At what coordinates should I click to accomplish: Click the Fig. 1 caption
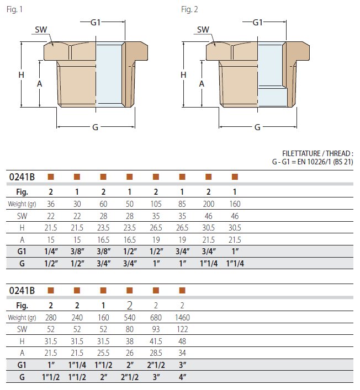pyautogui.click(x=14, y=9)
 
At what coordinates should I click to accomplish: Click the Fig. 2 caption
pyautogui.click(x=189, y=9)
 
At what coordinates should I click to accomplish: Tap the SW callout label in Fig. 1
pyautogui.click(x=41, y=30)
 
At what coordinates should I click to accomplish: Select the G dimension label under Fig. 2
pyautogui.click(x=257, y=127)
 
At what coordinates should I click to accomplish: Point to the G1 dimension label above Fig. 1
pyautogui.click(x=96, y=23)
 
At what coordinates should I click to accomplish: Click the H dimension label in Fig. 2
pyautogui.click(x=183, y=75)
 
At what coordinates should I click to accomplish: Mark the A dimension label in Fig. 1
pyautogui.click(x=39, y=84)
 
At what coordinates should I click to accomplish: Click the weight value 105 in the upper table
pyautogui.click(x=156, y=204)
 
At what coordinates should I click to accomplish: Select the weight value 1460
pyautogui.click(x=182, y=317)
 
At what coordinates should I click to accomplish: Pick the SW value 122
pyautogui.click(x=182, y=329)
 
